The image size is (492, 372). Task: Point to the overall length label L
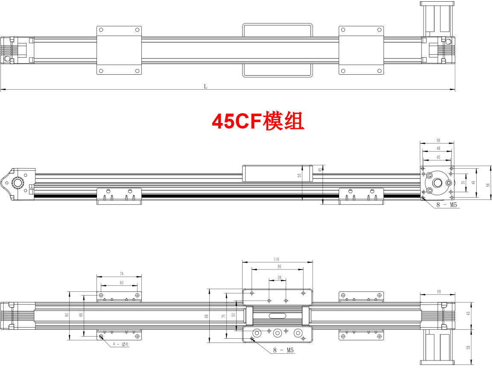(x=205, y=86)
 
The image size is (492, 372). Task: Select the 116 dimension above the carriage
(x=276, y=259)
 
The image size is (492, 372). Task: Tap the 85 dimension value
(x=279, y=267)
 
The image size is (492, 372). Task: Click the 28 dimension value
(x=280, y=278)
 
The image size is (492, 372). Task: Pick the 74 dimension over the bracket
(x=121, y=273)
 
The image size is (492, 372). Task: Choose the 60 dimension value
(x=121, y=283)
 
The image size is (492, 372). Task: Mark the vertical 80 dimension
(x=67, y=315)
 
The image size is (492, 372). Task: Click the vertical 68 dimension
(x=81, y=315)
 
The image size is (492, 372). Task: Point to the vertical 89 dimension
(x=207, y=316)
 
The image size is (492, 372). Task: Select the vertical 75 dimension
(x=223, y=316)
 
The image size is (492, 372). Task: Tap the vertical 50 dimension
(x=233, y=315)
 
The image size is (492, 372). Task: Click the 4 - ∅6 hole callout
(x=121, y=344)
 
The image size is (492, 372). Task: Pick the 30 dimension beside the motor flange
(x=463, y=183)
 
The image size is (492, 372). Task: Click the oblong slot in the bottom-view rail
(x=278, y=316)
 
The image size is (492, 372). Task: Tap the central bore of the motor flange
(x=437, y=183)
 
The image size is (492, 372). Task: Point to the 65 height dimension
(x=320, y=170)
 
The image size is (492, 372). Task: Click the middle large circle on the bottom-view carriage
(x=278, y=333)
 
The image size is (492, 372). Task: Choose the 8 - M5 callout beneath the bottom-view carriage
(x=284, y=350)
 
